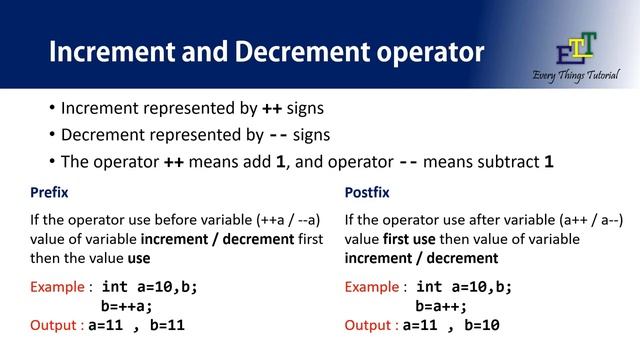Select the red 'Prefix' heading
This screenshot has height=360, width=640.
tap(49, 191)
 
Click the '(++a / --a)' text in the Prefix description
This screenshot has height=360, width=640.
tap(286, 220)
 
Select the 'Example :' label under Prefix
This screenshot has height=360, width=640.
tap(62, 287)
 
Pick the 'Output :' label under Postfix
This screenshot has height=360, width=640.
tap(371, 325)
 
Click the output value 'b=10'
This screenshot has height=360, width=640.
tap(481, 325)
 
